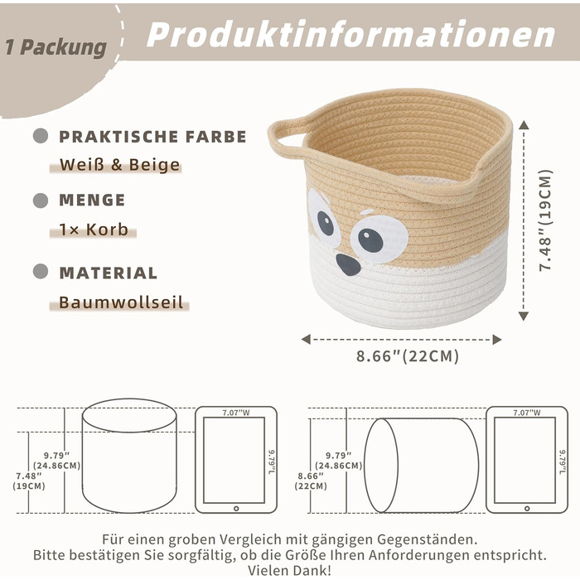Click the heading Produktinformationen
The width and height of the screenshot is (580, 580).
click(350, 34)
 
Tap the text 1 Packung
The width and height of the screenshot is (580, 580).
click(56, 48)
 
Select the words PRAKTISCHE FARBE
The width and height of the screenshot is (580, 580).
click(152, 137)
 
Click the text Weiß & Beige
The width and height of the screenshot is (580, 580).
click(120, 165)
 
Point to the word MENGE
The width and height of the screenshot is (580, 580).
click(92, 201)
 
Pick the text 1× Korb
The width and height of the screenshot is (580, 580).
click(94, 230)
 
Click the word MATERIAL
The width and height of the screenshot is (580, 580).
click(109, 273)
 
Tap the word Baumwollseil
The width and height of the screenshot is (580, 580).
click(121, 302)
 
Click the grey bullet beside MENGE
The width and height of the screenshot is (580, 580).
click(41, 201)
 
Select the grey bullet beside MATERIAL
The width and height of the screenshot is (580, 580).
click(41, 272)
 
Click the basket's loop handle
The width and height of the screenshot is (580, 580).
click(287, 138)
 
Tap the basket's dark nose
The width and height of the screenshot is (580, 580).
click(348, 264)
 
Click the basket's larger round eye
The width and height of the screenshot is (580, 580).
click(379, 239)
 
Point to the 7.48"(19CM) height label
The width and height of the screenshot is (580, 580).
click(545, 220)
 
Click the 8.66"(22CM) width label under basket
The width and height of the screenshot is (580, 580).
click(408, 356)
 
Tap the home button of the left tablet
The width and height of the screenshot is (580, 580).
click(236, 509)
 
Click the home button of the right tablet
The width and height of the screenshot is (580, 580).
click(527, 509)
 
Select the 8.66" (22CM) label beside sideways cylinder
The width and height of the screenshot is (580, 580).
click(311, 481)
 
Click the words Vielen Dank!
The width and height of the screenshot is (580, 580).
click(290, 570)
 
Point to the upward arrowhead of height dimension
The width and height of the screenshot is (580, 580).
click(524, 125)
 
